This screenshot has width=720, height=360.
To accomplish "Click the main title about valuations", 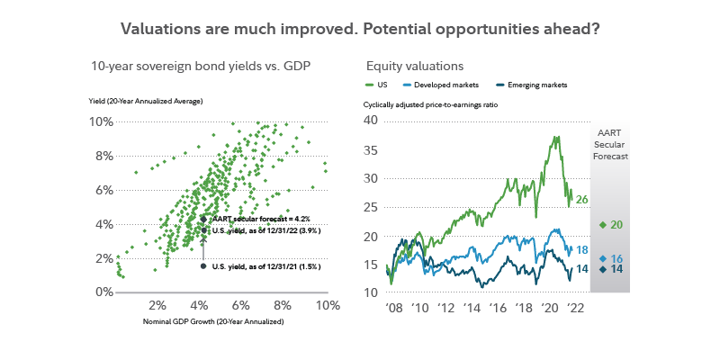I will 360,28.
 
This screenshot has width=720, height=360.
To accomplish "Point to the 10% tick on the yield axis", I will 100,121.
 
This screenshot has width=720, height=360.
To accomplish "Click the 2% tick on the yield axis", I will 102,258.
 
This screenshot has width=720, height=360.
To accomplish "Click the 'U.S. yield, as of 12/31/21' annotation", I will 265,265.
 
